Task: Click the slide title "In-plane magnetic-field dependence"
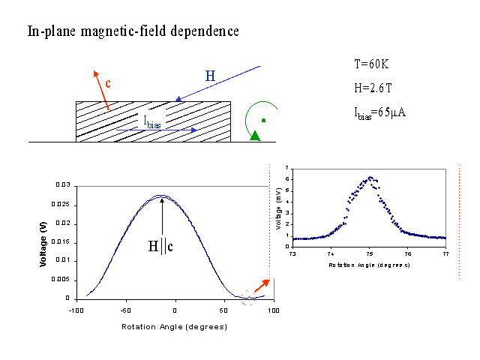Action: click(x=133, y=31)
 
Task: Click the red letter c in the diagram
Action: click(x=109, y=83)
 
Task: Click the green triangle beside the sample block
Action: click(x=256, y=135)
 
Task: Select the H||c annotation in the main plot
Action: click(x=162, y=244)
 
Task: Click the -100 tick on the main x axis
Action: click(x=76, y=309)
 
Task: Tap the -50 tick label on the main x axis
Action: click(x=124, y=309)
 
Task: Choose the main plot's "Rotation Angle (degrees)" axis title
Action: click(x=175, y=328)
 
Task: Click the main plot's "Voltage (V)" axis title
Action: click(x=43, y=241)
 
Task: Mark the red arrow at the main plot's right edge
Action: click(x=262, y=286)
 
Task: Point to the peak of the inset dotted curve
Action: click(x=370, y=178)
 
